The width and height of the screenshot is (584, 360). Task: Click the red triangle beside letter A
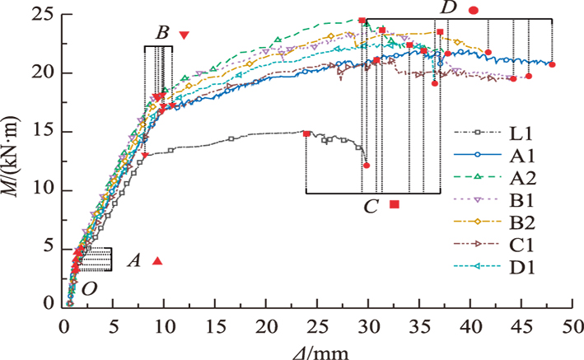pos(157,261)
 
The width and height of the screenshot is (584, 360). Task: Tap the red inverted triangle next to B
pos(184,35)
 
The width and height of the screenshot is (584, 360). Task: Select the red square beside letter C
pos(395,204)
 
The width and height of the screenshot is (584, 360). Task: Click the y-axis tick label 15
pos(44,131)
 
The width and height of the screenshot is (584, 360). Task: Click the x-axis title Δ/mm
pos(316,350)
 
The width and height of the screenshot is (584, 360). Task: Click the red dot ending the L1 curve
pos(367,166)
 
